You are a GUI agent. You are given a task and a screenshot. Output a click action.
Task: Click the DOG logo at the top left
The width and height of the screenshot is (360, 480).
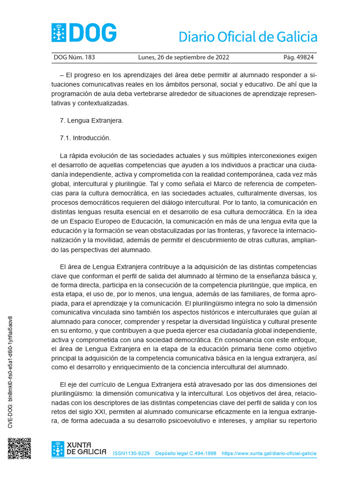pyautogui.click(x=84, y=33)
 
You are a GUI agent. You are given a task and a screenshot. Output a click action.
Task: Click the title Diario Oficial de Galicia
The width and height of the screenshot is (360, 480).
pyautogui.click(x=248, y=37)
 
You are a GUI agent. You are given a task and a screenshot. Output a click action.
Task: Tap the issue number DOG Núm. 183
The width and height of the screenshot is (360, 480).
pyautogui.click(x=75, y=58)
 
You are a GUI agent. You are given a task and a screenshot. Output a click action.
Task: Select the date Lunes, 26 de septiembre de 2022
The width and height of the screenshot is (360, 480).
pyautogui.click(x=183, y=58)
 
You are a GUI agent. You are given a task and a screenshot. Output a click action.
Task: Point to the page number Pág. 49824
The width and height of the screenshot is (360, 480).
pyautogui.click(x=299, y=58)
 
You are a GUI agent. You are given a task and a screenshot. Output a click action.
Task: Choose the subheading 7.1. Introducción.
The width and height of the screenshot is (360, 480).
pyautogui.click(x=85, y=138)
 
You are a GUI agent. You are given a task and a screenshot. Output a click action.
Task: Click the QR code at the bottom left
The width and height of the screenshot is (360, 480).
pyautogui.click(x=19, y=449)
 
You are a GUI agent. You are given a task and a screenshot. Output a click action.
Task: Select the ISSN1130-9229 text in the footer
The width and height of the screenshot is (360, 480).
pyautogui.click(x=131, y=454)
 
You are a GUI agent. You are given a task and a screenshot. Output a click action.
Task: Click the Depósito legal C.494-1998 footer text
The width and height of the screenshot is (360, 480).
pyautogui.click(x=186, y=454)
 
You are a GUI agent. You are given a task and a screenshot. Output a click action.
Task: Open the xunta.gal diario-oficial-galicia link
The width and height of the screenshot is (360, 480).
pyautogui.click(x=269, y=454)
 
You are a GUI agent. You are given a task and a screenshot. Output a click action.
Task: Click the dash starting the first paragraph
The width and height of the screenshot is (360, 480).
pyautogui.click(x=62, y=75)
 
